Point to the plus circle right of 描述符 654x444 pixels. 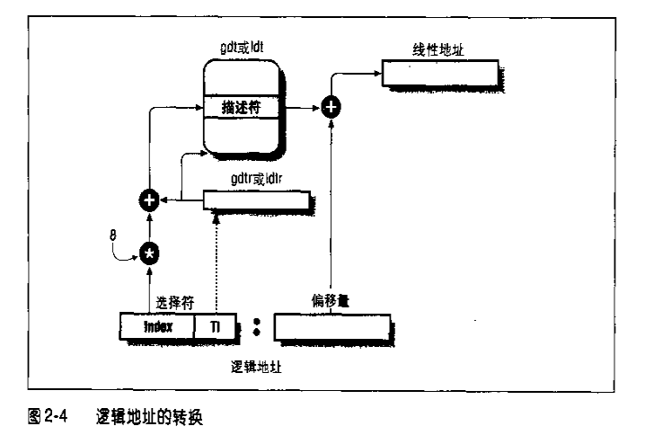click(x=331, y=107)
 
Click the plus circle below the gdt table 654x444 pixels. click(x=148, y=200)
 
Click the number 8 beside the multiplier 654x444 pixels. click(x=111, y=235)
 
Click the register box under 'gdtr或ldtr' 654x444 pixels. click(x=257, y=200)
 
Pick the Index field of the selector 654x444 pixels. click(x=158, y=327)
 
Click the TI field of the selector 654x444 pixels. click(x=216, y=327)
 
